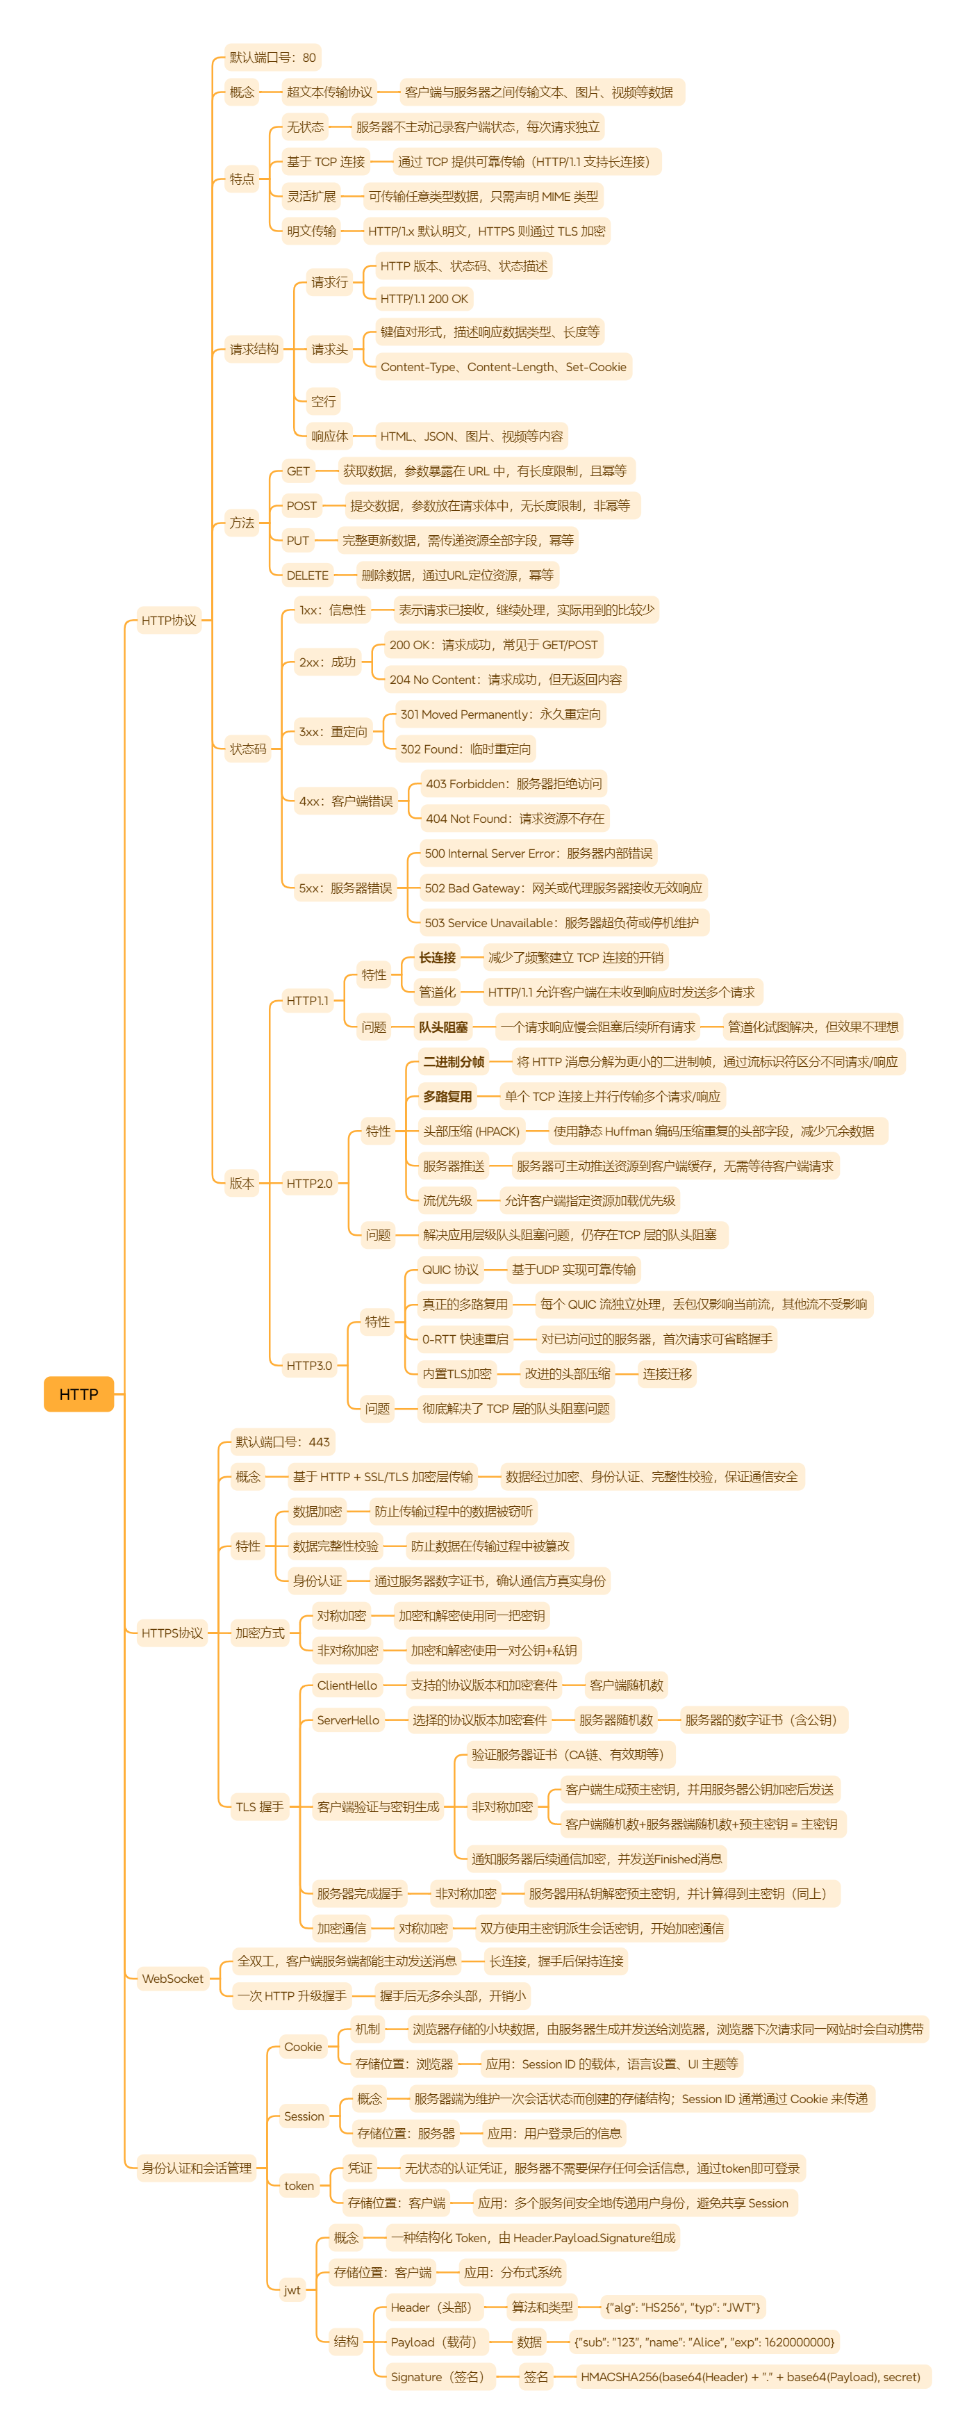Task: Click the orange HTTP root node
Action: tap(78, 1394)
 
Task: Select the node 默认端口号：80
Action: tap(272, 58)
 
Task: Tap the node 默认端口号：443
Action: tap(283, 1442)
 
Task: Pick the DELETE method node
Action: tap(307, 575)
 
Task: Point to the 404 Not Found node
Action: tap(514, 818)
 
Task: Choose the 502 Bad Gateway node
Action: tap(563, 888)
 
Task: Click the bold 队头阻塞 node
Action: tap(443, 1027)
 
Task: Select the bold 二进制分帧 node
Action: tap(454, 1062)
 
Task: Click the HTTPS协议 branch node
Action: tap(172, 1633)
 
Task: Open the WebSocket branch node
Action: tap(172, 1979)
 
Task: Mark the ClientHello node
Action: tap(347, 1685)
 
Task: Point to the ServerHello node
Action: tap(348, 1720)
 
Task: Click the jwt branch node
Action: tap(292, 2290)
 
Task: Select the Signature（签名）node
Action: tap(436, 2377)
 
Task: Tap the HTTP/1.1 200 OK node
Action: tap(424, 299)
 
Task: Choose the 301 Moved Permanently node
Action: tap(500, 714)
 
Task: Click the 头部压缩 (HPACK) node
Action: tap(470, 1131)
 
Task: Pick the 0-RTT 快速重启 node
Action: tap(465, 1339)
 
